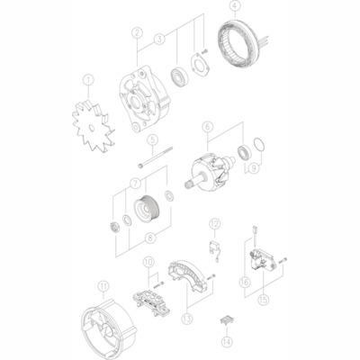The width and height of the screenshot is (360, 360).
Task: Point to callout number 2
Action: pos(137,33)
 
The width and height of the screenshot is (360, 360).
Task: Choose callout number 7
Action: pos(137,184)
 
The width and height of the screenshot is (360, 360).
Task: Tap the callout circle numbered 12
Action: pos(214,223)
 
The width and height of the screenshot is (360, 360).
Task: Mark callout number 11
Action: pos(103,287)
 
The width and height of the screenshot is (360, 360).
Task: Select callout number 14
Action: pos(225,342)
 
